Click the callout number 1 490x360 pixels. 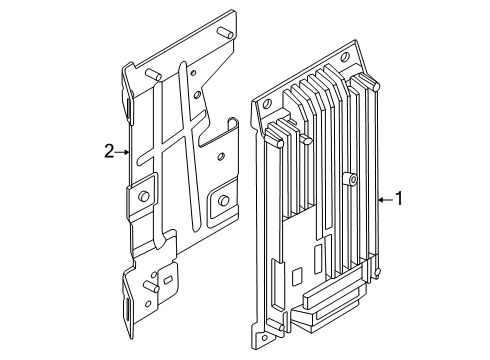[x=399, y=198]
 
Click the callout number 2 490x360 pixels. [x=109, y=151]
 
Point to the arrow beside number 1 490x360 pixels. [x=386, y=200]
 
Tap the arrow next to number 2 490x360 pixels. [x=122, y=152]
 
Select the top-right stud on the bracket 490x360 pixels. [x=224, y=33]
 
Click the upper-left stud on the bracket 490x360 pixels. [x=153, y=74]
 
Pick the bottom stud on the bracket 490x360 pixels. [x=151, y=286]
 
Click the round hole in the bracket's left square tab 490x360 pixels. [x=144, y=196]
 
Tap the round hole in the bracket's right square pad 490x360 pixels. [x=224, y=200]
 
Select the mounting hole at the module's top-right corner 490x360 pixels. [x=345, y=57]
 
